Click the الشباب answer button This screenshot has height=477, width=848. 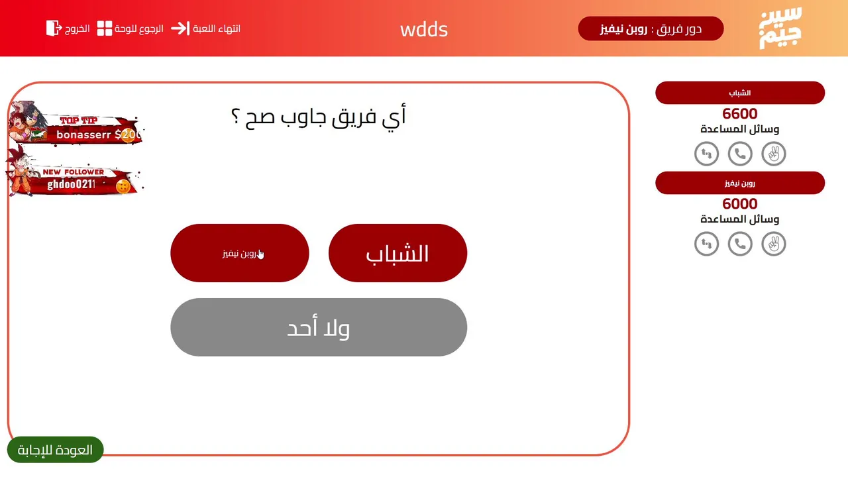398,253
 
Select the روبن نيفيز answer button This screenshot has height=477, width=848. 240,253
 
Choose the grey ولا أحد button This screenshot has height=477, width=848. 319,327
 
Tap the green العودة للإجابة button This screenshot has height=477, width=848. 55,450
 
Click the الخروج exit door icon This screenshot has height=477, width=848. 54,28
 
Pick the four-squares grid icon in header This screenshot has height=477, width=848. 105,28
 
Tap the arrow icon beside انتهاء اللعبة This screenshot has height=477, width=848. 180,28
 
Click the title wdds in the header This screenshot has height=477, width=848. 424,29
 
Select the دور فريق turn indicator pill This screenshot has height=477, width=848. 651,28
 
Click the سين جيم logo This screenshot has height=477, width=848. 780,28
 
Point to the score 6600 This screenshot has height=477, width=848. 740,113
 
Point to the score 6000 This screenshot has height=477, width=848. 740,203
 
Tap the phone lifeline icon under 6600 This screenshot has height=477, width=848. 740,154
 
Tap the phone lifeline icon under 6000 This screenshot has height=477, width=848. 740,244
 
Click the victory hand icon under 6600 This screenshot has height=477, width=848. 774,154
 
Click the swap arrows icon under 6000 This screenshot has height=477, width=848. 706,244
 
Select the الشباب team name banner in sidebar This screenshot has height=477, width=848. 740,93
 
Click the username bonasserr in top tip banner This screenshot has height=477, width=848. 83,134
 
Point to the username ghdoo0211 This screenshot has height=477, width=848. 71,184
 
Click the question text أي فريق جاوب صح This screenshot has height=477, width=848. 319,116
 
